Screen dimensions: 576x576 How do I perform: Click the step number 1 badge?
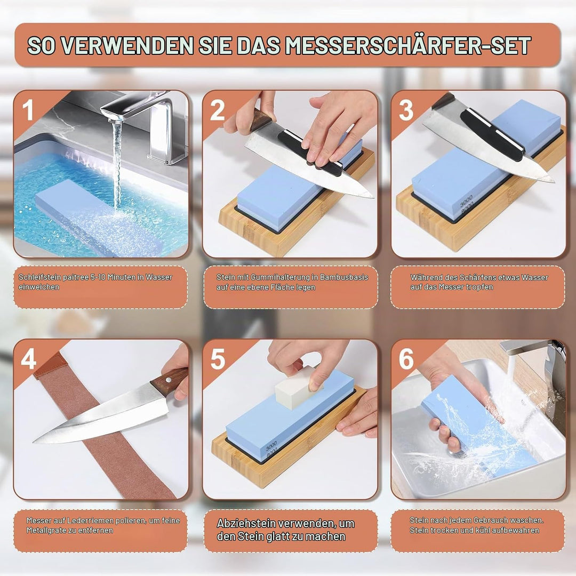pyautogui.click(x=28, y=110)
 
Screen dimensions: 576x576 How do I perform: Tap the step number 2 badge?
pyautogui.click(x=218, y=110)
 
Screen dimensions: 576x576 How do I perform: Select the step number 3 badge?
pyautogui.click(x=406, y=110)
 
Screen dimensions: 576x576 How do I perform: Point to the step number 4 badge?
pyautogui.click(x=28, y=358)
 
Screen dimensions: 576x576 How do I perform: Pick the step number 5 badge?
pyautogui.click(x=218, y=358)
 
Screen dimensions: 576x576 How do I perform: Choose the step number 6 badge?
pyautogui.click(x=406, y=358)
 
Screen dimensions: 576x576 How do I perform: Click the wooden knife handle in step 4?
pyautogui.click(x=170, y=381)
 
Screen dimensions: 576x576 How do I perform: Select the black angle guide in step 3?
pyautogui.click(x=492, y=134)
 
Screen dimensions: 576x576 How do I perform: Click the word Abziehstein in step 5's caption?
pyautogui.click(x=245, y=523)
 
